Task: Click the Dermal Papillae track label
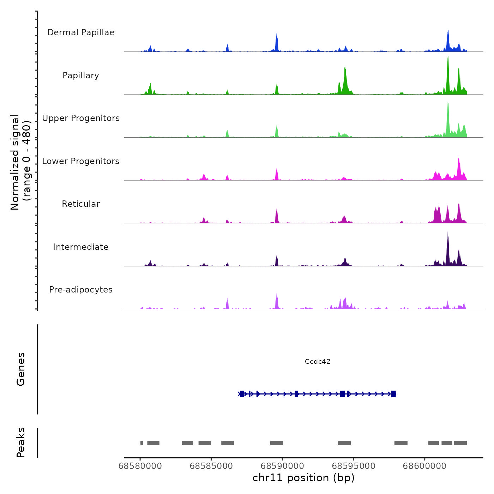coord(81,32)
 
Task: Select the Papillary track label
coord(81,76)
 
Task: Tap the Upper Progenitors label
coord(81,118)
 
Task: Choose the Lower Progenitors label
coord(81,161)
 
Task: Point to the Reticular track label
coord(81,204)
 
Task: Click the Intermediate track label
coord(81,247)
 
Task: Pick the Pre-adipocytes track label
coord(81,290)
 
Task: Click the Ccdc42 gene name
coord(318,361)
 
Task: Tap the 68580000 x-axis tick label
coord(140,466)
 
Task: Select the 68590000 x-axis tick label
coord(282,466)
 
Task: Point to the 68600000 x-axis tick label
coord(424,466)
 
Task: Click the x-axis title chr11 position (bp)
coord(303,478)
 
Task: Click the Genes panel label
coord(21,369)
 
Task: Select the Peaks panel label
coord(21,442)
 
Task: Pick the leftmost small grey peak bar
coord(141,443)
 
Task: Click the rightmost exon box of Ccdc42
coord(393,394)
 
